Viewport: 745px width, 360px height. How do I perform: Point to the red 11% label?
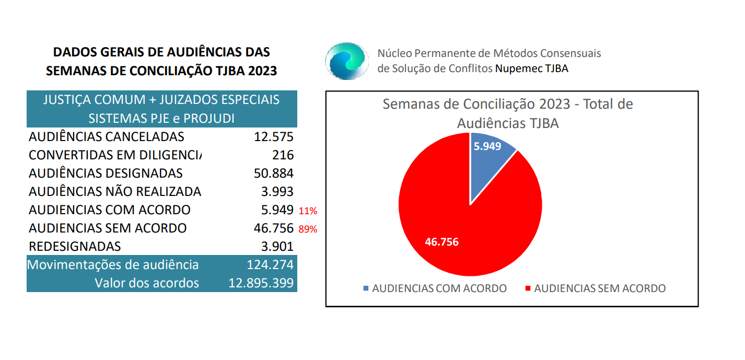click(308, 211)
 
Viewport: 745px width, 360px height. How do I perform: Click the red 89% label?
click(308, 229)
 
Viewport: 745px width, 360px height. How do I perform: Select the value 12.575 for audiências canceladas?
click(274, 137)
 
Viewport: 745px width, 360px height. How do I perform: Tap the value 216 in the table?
click(283, 155)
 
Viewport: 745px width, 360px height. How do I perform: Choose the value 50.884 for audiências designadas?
click(274, 173)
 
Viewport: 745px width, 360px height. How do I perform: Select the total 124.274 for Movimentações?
click(270, 264)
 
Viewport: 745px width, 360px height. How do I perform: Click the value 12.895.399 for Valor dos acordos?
click(261, 283)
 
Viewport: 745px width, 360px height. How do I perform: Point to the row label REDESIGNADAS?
click(75, 246)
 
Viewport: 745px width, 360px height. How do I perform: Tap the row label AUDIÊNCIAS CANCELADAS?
click(107, 137)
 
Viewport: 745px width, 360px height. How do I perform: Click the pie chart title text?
click(508, 113)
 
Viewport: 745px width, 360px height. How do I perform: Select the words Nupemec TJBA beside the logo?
click(531, 68)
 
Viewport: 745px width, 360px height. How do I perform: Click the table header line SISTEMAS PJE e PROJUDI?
click(161, 118)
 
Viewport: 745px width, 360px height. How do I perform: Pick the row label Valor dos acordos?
click(147, 283)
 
